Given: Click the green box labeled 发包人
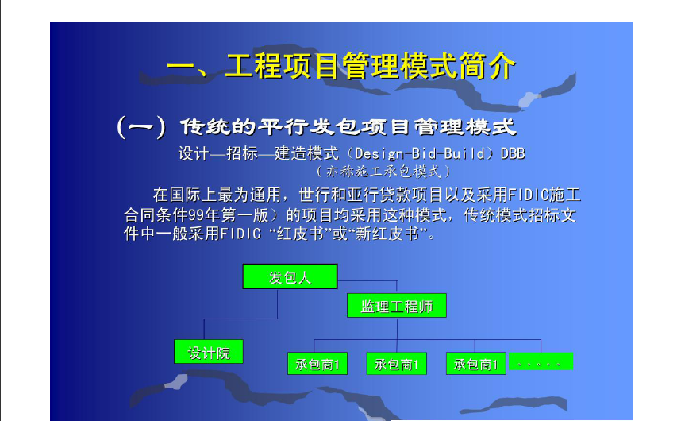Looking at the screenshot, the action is coord(290,276).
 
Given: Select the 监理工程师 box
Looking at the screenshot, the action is coord(397,306).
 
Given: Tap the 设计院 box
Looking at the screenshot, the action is coord(209,351).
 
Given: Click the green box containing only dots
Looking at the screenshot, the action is coord(541,361).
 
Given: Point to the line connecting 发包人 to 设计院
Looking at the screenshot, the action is coord(240,319).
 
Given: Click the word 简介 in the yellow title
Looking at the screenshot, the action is coord(487,66).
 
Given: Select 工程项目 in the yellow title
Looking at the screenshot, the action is coord(283,66).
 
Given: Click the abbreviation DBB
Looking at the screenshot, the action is coord(513,153).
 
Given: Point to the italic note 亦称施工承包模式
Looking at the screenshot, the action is coord(383,172).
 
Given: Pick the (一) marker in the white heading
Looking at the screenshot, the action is coord(141,127).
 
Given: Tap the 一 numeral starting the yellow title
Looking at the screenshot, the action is coord(181,68).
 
